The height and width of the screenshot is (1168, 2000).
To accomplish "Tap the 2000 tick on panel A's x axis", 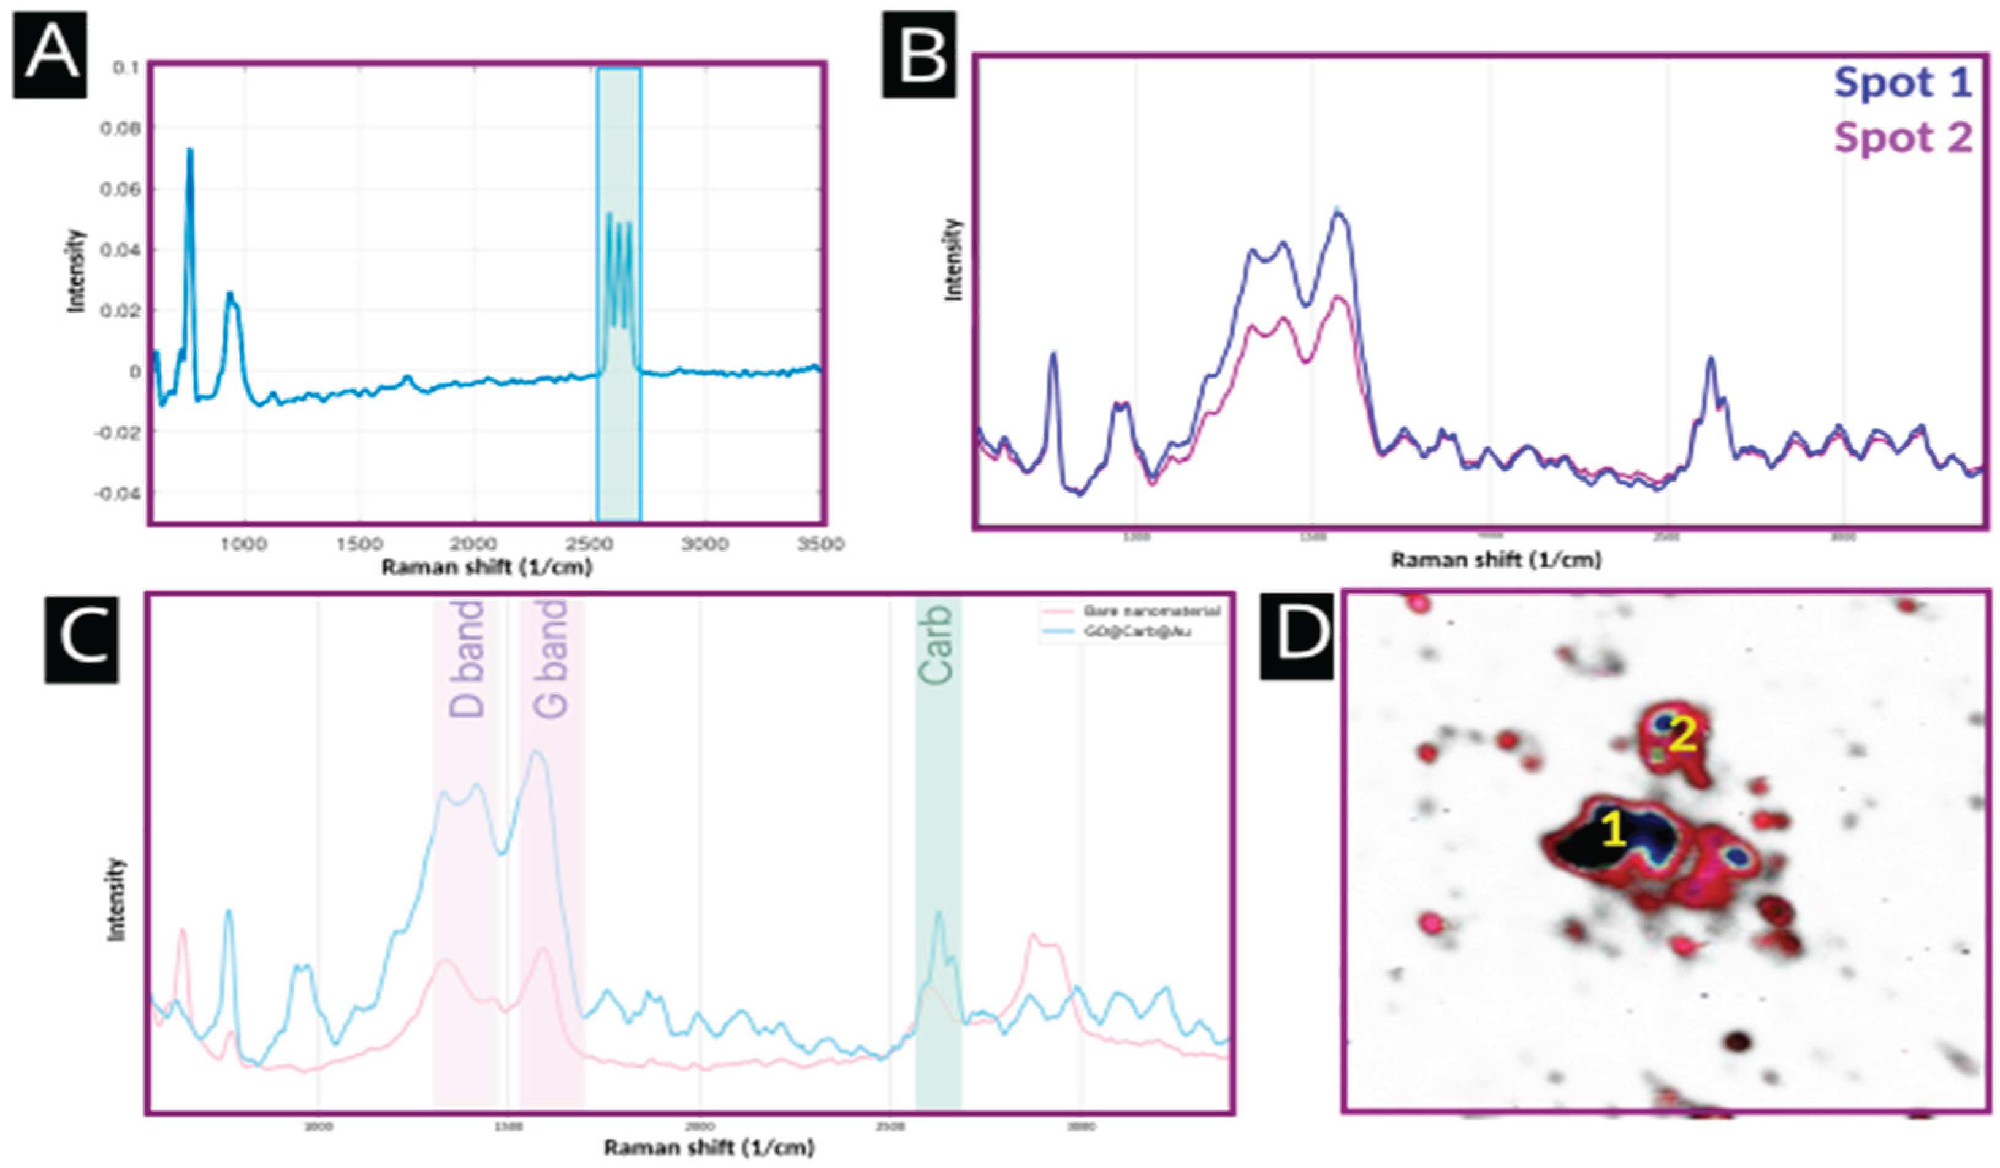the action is (x=474, y=544).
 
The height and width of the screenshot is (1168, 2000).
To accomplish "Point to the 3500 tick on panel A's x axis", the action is (x=820, y=544).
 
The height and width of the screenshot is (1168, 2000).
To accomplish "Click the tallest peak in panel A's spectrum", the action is (x=189, y=151).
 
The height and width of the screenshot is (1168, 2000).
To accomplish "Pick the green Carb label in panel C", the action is (x=936, y=644).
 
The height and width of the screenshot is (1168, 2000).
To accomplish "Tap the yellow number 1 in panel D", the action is (x=1614, y=831).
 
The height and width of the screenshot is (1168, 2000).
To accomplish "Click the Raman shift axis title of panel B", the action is (x=1496, y=560).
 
